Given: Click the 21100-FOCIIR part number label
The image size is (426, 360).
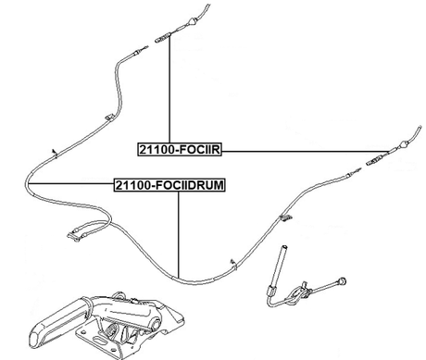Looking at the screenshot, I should click(x=181, y=149).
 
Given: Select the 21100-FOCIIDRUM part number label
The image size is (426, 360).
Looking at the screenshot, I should click(x=169, y=184).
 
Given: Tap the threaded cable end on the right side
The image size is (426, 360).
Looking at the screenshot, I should click(x=381, y=159).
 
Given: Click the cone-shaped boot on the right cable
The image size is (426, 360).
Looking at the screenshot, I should click(x=404, y=144).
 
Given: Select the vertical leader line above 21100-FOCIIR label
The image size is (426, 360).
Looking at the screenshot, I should click(x=169, y=93).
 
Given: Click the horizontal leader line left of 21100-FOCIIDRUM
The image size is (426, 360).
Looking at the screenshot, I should click(x=69, y=184).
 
